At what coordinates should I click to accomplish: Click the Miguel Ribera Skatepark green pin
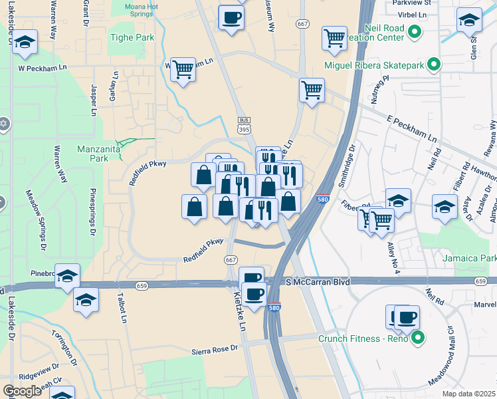coord(434,65)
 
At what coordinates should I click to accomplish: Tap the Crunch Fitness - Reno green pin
coord(418,339)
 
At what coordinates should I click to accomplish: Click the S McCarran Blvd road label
coord(318,282)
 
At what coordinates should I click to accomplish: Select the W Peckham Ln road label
coord(44,68)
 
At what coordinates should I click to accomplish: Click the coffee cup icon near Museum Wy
coord(231,18)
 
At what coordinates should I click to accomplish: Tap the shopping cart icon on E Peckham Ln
coord(311,89)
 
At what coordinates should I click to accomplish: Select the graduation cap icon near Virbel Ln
coord(468,21)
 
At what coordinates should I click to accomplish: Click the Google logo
coord(23,391)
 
